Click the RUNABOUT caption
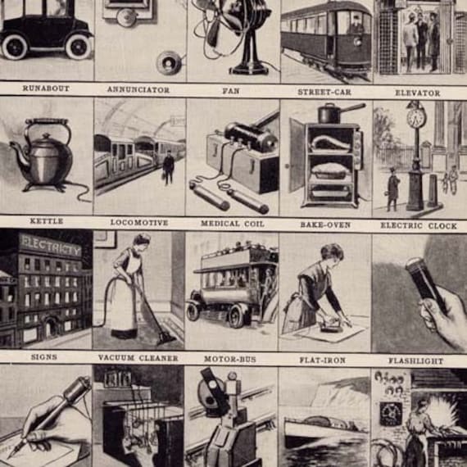[46, 88]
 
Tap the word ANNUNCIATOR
[138, 88]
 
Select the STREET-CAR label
[324, 92]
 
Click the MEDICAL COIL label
[233, 223]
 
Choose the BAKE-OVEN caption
[325, 223]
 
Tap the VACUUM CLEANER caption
[139, 357]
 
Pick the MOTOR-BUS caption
[233, 358]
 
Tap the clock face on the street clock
[416, 118]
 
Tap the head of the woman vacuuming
[141, 242]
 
